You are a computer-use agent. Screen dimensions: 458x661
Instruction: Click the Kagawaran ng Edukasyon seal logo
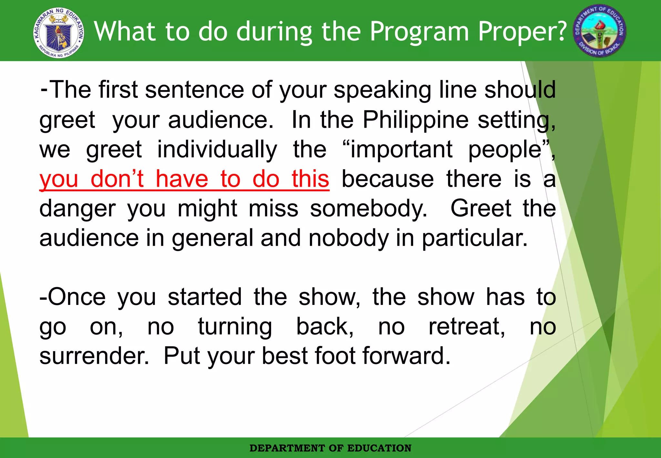59,32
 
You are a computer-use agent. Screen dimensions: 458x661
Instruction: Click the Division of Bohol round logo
599,31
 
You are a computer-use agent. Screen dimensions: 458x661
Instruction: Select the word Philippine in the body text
415,120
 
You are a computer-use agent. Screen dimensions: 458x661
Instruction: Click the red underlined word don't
117,179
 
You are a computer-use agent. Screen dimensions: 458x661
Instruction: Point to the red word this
310,179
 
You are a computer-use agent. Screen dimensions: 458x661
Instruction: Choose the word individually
217,150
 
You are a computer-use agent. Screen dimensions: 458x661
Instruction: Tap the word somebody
368,209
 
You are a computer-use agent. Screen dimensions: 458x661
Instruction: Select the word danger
77,209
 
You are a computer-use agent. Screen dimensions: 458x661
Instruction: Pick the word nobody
349,238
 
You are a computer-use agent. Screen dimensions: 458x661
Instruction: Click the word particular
474,238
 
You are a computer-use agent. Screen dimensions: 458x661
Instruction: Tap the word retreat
466,327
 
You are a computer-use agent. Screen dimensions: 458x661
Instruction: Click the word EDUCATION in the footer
379,448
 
